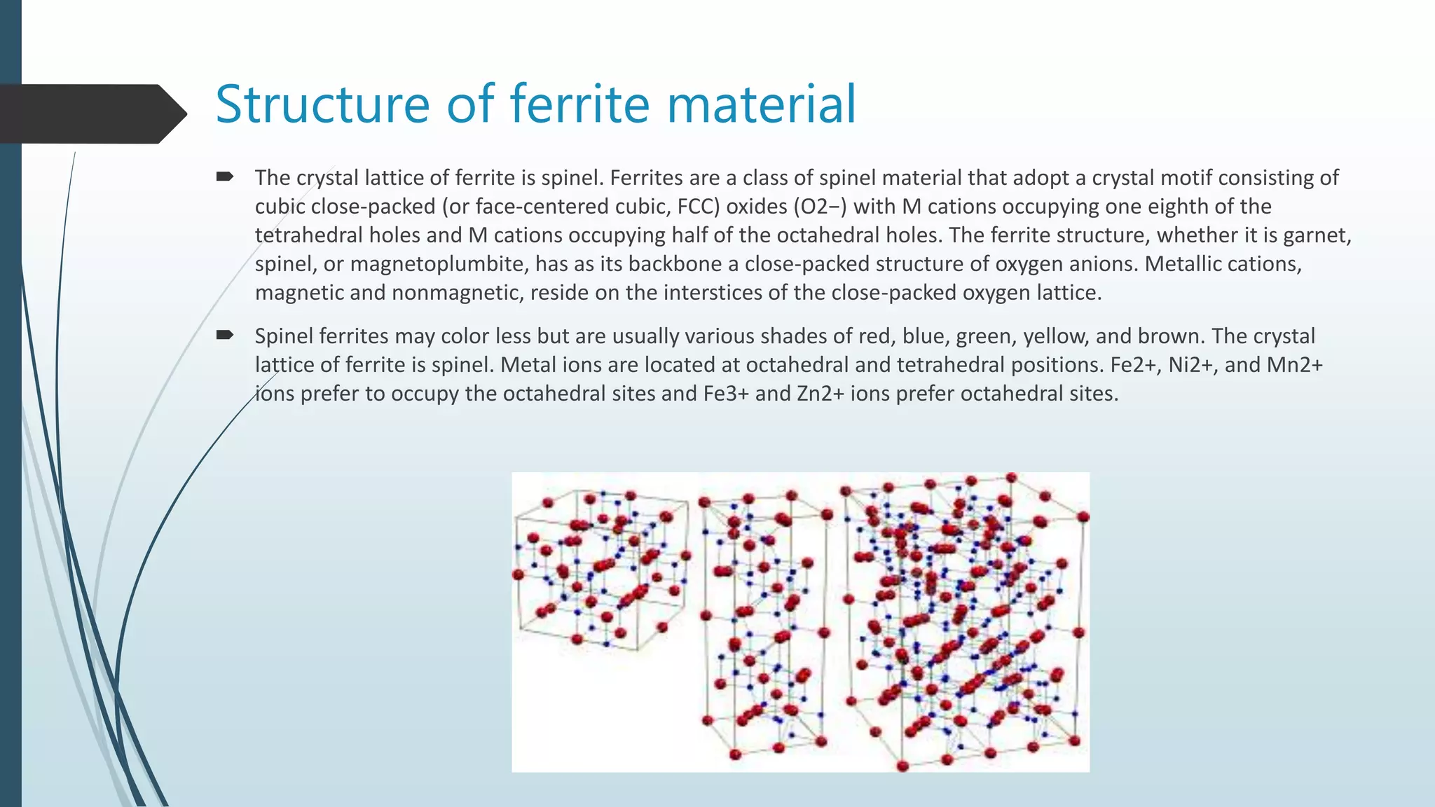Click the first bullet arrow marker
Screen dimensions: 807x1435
224,177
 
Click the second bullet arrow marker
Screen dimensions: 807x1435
224,336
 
